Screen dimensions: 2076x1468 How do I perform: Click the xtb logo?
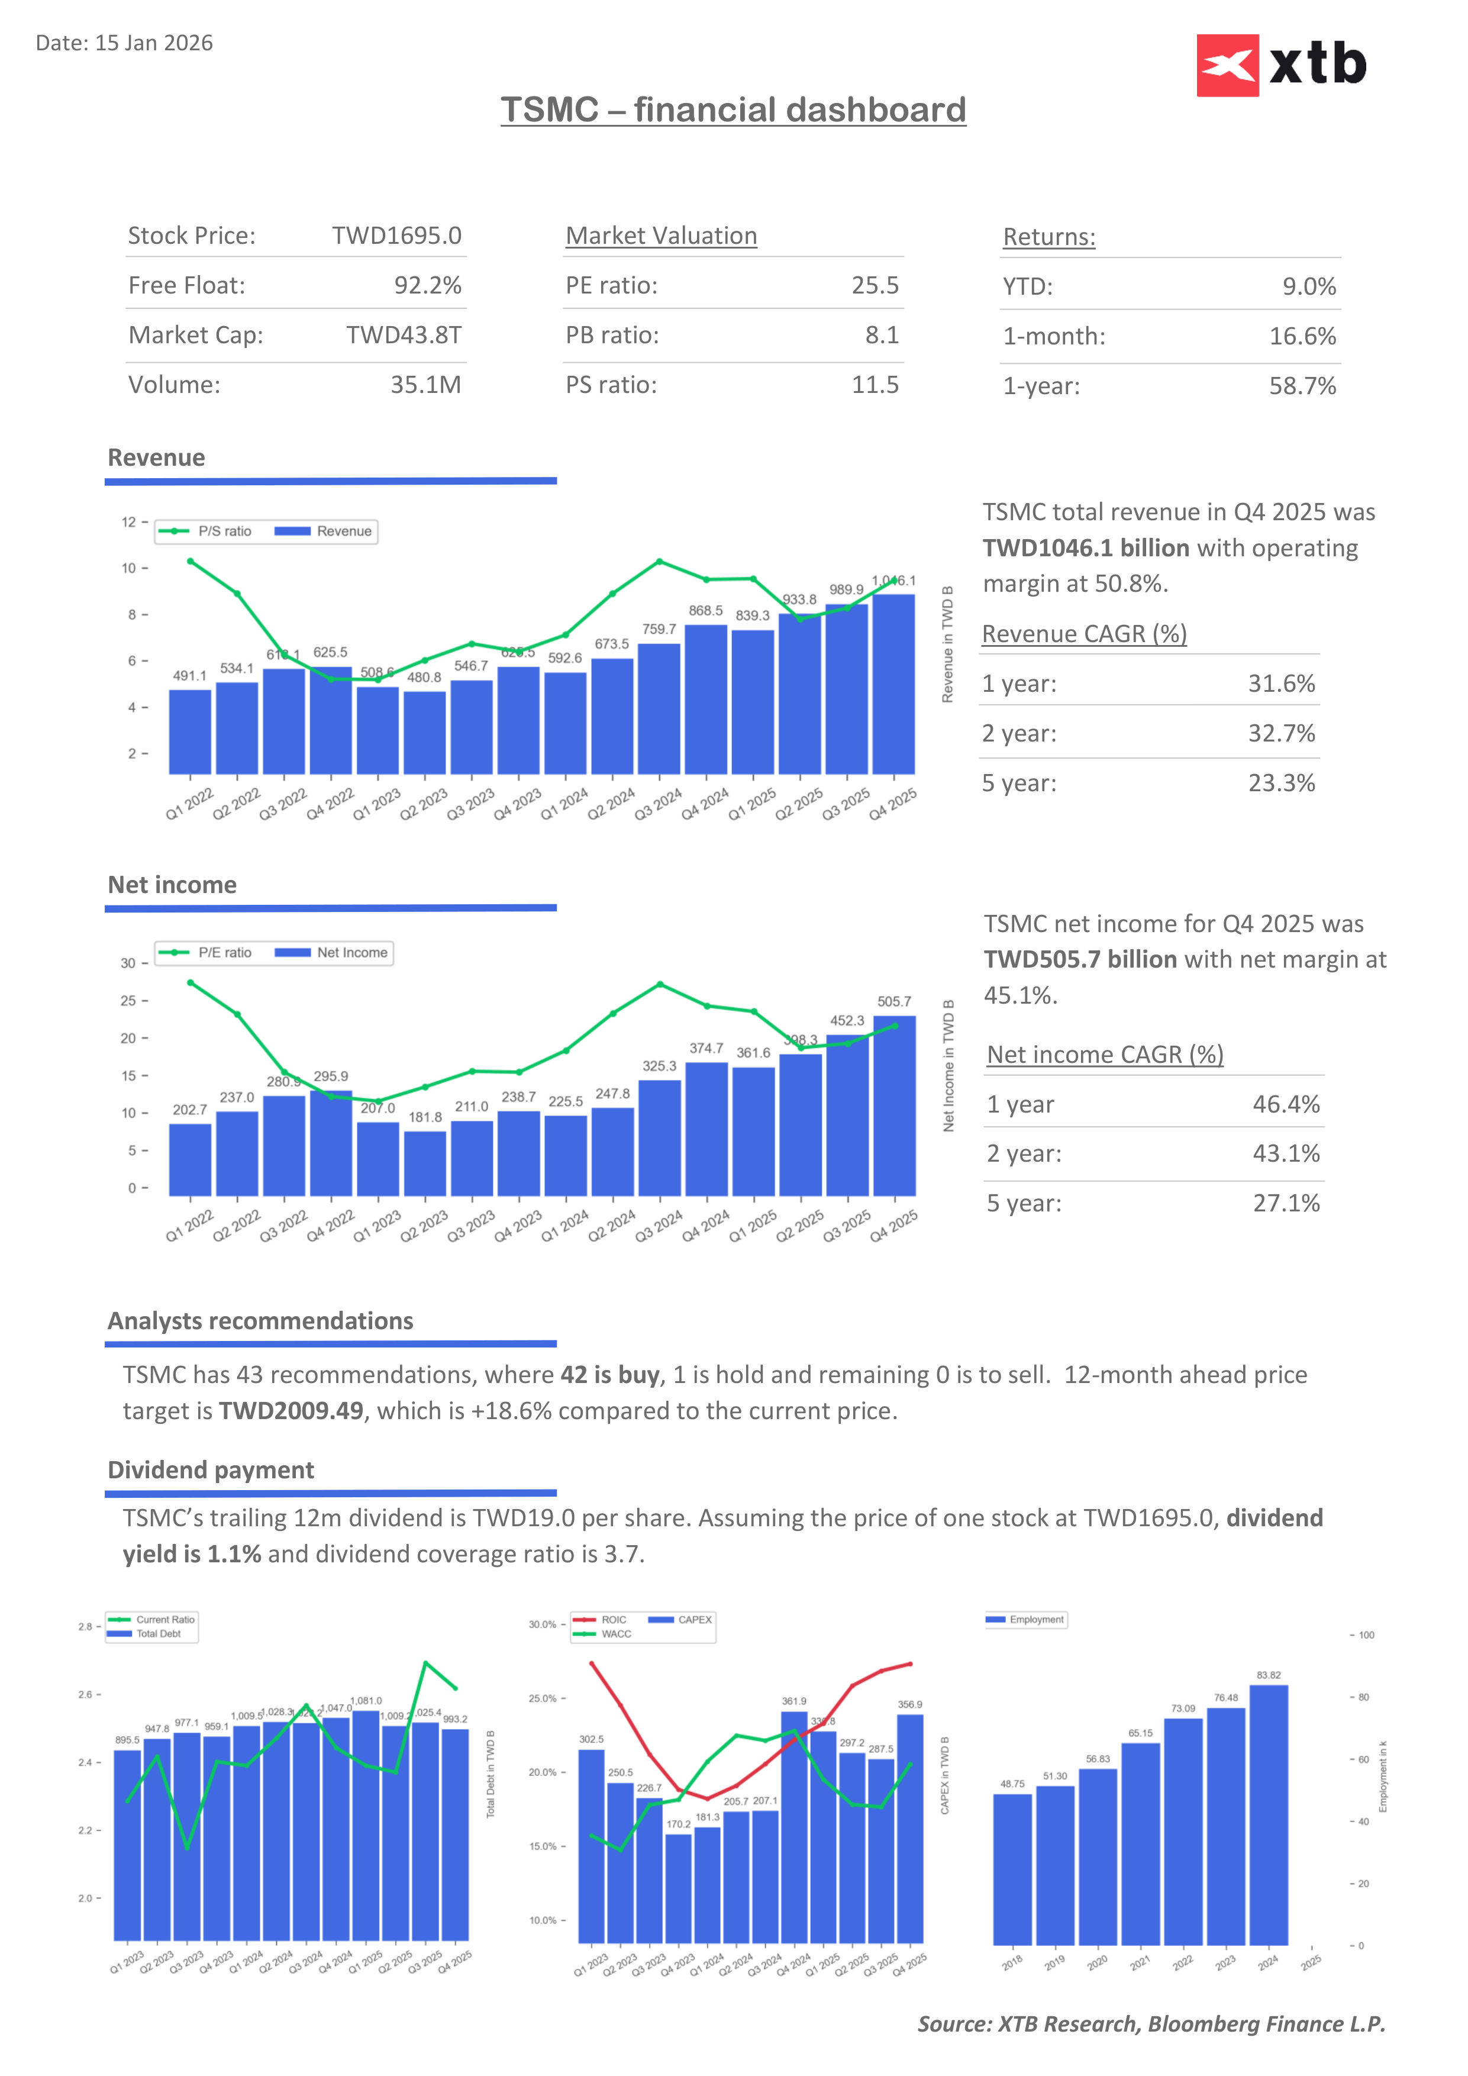coord(1281,65)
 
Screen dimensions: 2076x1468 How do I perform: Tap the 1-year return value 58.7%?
coord(1302,386)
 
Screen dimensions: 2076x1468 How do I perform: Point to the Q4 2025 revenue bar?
coord(893,685)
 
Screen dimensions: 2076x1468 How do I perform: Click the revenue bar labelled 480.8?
coord(424,733)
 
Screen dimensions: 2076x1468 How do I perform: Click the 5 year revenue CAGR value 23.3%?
coord(1281,783)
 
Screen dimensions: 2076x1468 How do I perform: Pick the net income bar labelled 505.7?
coord(894,1105)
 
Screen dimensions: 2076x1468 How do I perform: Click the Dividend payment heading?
coord(211,1470)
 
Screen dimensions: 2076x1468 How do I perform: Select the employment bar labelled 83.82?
coord(1268,1814)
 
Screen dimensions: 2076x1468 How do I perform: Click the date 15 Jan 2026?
coord(154,43)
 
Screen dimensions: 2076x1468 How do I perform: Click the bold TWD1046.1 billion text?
coord(1086,549)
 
